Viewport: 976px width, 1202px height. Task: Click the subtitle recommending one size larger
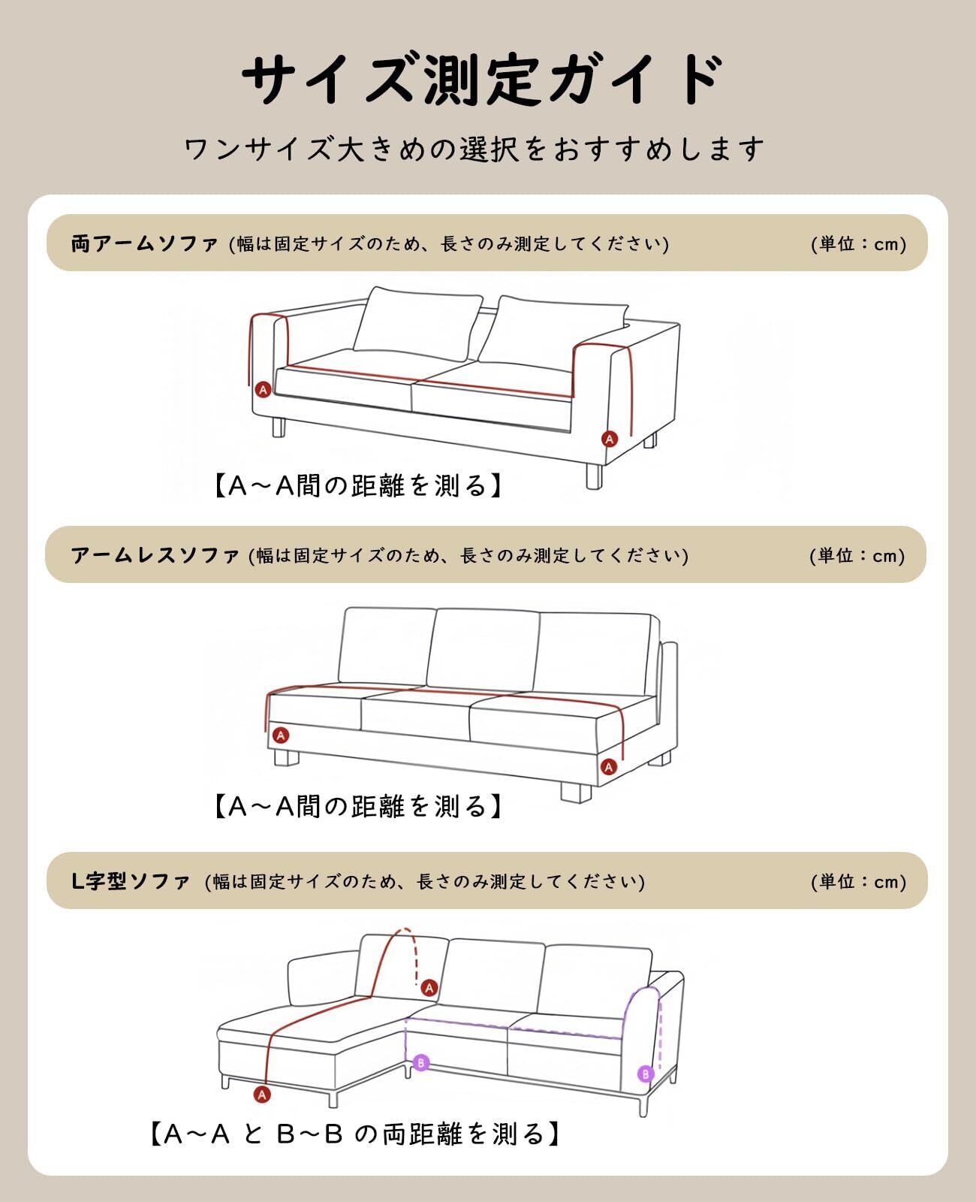tap(474, 149)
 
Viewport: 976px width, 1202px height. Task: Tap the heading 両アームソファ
tap(144, 244)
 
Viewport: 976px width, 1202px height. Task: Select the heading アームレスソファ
tap(155, 556)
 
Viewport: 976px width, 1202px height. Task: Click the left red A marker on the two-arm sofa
tap(263, 389)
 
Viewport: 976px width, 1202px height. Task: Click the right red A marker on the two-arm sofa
tap(610, 438)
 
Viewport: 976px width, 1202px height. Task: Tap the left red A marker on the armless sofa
tap(281, 735)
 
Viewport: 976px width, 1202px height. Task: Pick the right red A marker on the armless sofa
tap(609, 767)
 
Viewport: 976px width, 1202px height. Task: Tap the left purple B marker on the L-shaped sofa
tap(421, 1062)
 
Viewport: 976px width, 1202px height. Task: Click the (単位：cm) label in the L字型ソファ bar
tap(858, 881)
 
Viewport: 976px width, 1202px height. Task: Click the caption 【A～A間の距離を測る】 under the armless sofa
tap(359, 807)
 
